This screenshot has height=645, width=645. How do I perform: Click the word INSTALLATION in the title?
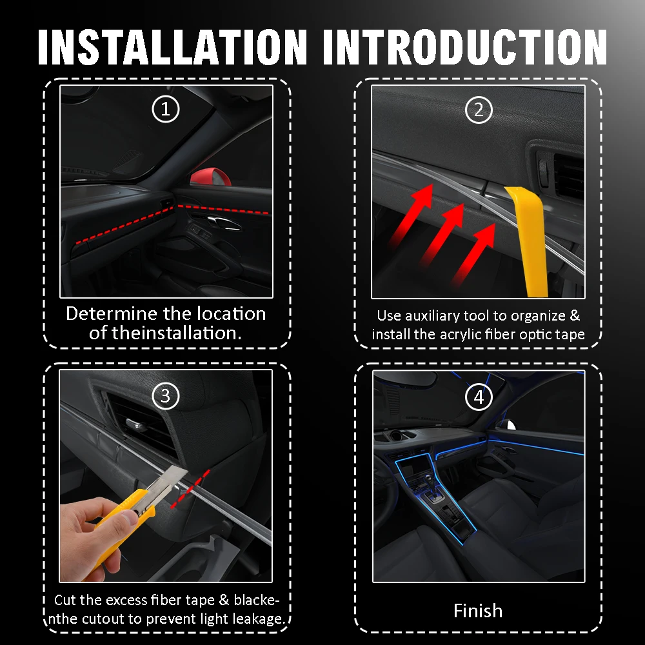coord(172,47)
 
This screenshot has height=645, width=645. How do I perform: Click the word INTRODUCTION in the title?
coord(465,47)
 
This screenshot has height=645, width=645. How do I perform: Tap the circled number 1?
coord(166,109)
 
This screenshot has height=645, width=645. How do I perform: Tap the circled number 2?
coord(479,110)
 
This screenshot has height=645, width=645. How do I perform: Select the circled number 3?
coord(166,396)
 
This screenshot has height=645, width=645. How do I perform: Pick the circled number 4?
coord(479,397)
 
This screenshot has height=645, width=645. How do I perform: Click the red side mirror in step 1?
coord(210,177)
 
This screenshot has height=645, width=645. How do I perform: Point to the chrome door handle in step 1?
coord(224,222)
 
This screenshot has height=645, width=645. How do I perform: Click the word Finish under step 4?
coord(478,611)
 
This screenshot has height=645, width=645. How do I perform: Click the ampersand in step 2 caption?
coord(575,316)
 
